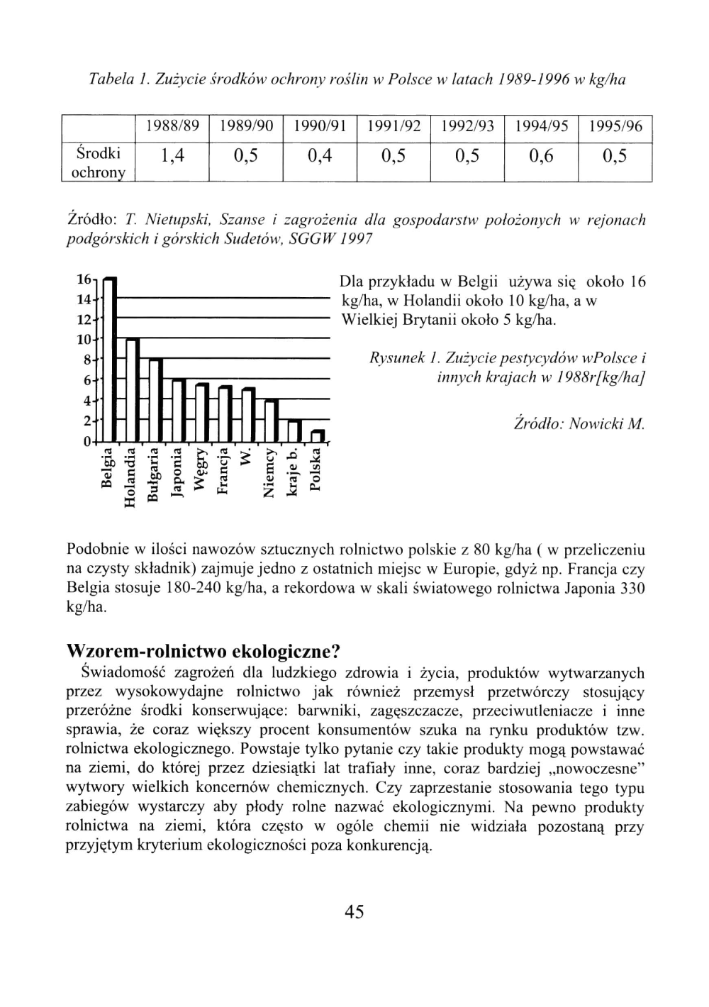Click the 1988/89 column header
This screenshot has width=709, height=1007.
point(172,127)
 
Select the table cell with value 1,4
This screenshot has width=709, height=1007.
point(172,156)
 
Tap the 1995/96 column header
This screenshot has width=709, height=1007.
point(615,127)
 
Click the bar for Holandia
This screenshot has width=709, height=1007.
point(132,390)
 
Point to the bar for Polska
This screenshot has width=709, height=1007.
point(318,435)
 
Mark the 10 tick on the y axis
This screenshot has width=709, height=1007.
point(83,340)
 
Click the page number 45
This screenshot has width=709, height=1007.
point(354,911)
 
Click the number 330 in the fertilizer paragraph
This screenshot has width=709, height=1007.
point(632,588)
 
